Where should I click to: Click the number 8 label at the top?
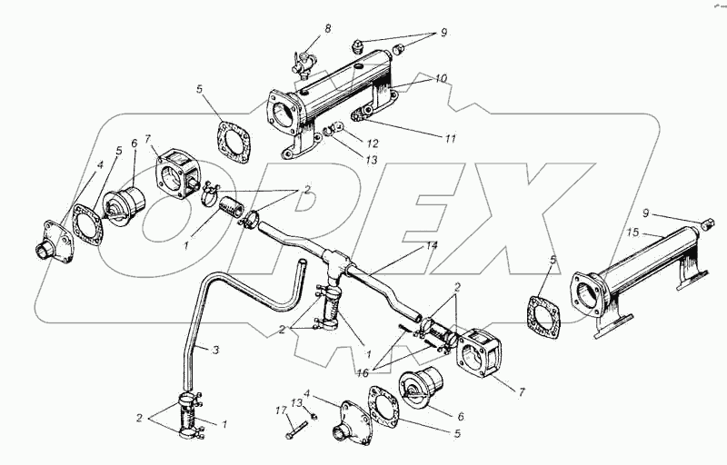(x=328, y=29)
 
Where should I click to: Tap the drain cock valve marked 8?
(x=303, y=64)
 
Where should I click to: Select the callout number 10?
(x=441, y=78)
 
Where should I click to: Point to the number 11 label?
(x=450, y=138)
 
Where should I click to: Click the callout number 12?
(x=373, y=143)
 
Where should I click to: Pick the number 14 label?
(x=431, y=245)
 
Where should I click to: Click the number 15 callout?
(x=632, y=232)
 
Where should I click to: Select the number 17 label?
(x=282, y=411)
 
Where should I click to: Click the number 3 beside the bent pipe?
(x=215, y=351)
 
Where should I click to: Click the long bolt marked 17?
(x=298, y=430)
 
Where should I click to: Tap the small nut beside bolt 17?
(x=314, y=417)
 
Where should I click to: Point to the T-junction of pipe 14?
(x=335, y=258)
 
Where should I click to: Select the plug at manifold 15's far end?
(x=704, y=224)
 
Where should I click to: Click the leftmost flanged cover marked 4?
(x=55, y=242)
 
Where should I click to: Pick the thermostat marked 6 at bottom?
(x=421, y=387)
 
